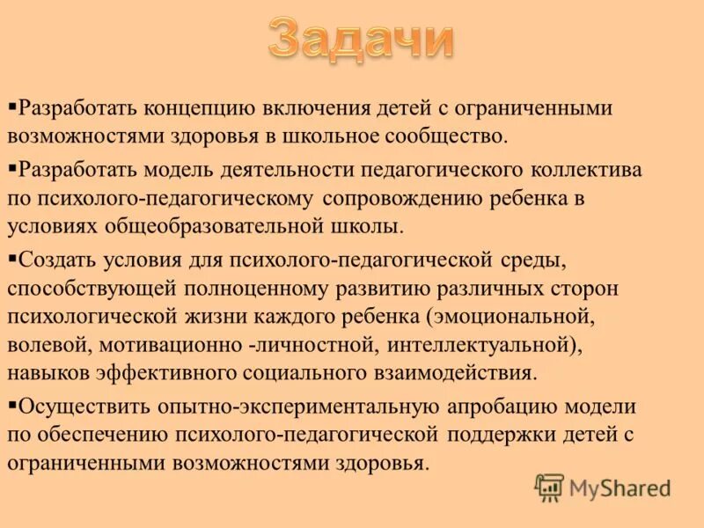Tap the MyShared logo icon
549,488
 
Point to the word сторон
584,288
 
